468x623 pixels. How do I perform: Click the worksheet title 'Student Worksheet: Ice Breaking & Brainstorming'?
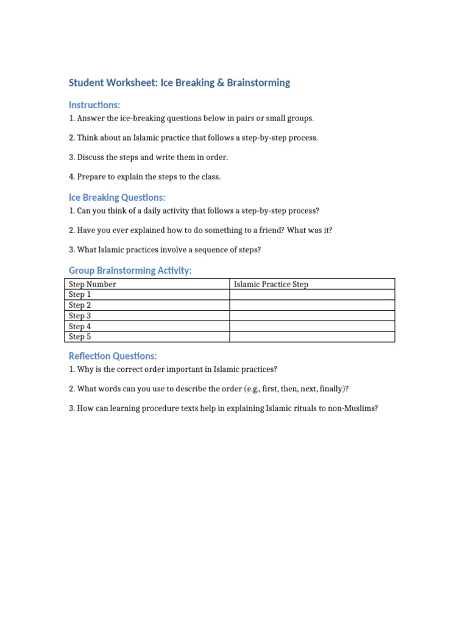(x=179, y=83)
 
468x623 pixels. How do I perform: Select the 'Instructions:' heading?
(x=94, y=105)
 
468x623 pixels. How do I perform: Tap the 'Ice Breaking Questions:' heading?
(x=117, y=197)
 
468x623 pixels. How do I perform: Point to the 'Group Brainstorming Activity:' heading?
(x=130, y=270)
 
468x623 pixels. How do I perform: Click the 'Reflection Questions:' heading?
(x=113, y=356)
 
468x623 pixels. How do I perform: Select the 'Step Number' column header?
(x=92, y=284)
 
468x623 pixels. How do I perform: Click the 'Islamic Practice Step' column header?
(x=271, y=284)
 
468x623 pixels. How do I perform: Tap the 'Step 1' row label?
(x=80, y=294)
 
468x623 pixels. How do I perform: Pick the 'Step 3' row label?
(x=80, y=316)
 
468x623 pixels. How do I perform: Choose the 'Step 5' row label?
(x=80, y=336)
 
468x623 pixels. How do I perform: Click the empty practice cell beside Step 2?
(x=312, y=305)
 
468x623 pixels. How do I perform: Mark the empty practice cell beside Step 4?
(x=312, y=326)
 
